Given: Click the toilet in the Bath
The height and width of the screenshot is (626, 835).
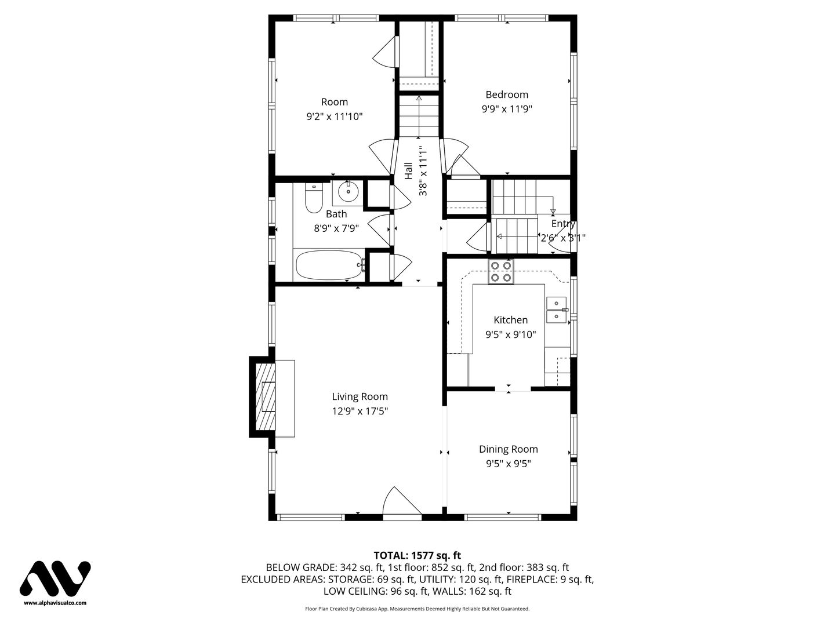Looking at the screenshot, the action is (314, 198).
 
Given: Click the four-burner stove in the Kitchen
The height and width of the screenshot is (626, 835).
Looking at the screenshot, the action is (501, 271).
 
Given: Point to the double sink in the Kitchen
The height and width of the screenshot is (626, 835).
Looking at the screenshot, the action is (556, 310).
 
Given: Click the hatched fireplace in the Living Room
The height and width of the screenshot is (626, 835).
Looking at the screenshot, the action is (265, 397).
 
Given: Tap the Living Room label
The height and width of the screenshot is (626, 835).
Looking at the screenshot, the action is (360, 396).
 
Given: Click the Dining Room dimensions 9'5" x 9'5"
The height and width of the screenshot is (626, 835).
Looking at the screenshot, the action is (508, 464).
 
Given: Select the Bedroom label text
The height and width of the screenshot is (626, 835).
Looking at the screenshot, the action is (507, 94).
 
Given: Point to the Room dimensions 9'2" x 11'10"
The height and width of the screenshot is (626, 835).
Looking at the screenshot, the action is (335, 117).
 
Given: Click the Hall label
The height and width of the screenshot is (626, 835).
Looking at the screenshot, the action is (409, 171).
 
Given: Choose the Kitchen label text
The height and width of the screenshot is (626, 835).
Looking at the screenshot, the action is (510, 320).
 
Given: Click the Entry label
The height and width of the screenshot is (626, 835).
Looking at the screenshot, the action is (564, 224).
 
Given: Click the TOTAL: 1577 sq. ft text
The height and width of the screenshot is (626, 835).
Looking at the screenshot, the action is (418, 556).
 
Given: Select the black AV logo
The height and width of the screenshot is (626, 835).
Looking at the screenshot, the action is (55, 579).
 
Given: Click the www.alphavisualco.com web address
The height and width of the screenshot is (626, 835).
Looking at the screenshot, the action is (55, 603).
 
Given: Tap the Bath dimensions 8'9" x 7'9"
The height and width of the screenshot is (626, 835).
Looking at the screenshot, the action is (336, 228).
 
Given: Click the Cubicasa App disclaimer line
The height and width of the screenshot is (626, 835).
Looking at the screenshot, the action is (418, 620).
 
